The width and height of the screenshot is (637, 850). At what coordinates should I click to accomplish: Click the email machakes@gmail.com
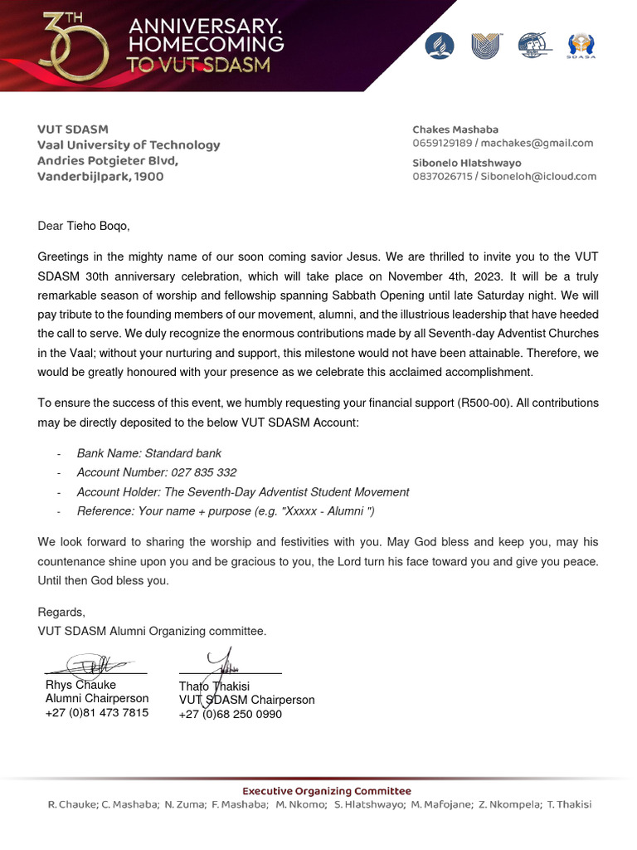[552, 143]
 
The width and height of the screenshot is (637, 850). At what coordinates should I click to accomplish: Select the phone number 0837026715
[442, 176]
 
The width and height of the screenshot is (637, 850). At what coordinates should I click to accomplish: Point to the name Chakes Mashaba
[455, 129]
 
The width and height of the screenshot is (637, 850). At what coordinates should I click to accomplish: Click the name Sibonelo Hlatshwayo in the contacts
[467, 163]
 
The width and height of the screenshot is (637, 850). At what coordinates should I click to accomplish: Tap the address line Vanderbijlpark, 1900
[100, 177]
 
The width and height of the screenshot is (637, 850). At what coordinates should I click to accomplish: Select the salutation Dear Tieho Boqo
[84, 225]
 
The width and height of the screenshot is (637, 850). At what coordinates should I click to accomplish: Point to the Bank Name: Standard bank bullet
[149, 453]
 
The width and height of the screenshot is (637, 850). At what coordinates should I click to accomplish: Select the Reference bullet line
[219, 510]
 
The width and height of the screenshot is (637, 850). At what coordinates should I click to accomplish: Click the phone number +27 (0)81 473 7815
[97, 712]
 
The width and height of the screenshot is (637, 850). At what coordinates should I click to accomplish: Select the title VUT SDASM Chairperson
[247, 700]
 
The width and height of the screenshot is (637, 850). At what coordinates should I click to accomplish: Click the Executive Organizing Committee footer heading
[326, 790]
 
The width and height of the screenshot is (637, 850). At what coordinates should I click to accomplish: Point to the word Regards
[61, 613]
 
